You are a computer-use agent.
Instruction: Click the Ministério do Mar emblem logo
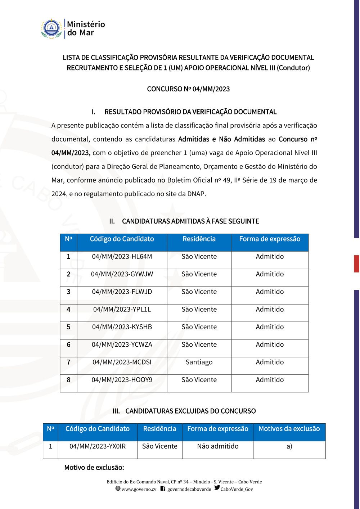(x=51, y=29)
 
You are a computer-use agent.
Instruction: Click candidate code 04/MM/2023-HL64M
(x=122, y=257)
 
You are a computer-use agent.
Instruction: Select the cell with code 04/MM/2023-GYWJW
(x=122, y=274)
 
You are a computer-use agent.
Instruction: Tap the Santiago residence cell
(x=199, y=362)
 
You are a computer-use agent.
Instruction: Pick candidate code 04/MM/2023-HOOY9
(x=122, y=380)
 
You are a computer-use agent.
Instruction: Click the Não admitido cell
(x=218, y=446)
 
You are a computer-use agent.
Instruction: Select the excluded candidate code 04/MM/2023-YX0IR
(x=98, y=446)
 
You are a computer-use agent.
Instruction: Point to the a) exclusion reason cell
(x=289, y=446)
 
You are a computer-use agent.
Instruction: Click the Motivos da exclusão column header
(x=289, y=429)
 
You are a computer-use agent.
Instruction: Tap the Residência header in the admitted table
(x=199, y=239)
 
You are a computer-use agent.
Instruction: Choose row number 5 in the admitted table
(x=68, y=327)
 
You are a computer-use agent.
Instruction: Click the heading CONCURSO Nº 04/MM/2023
(x=188, y=89)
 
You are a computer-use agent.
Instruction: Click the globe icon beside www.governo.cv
(x=118, y=488)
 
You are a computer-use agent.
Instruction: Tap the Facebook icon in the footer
(x=163, y=488)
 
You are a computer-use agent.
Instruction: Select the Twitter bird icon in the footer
(x=217, y=488)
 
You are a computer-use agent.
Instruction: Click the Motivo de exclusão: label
(x=94, y=468)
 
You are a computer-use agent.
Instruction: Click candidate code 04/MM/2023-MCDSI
(x=122, y=362)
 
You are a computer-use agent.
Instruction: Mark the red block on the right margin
(x=356, y=263)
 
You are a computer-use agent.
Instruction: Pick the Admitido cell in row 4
(x=270, y=310)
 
